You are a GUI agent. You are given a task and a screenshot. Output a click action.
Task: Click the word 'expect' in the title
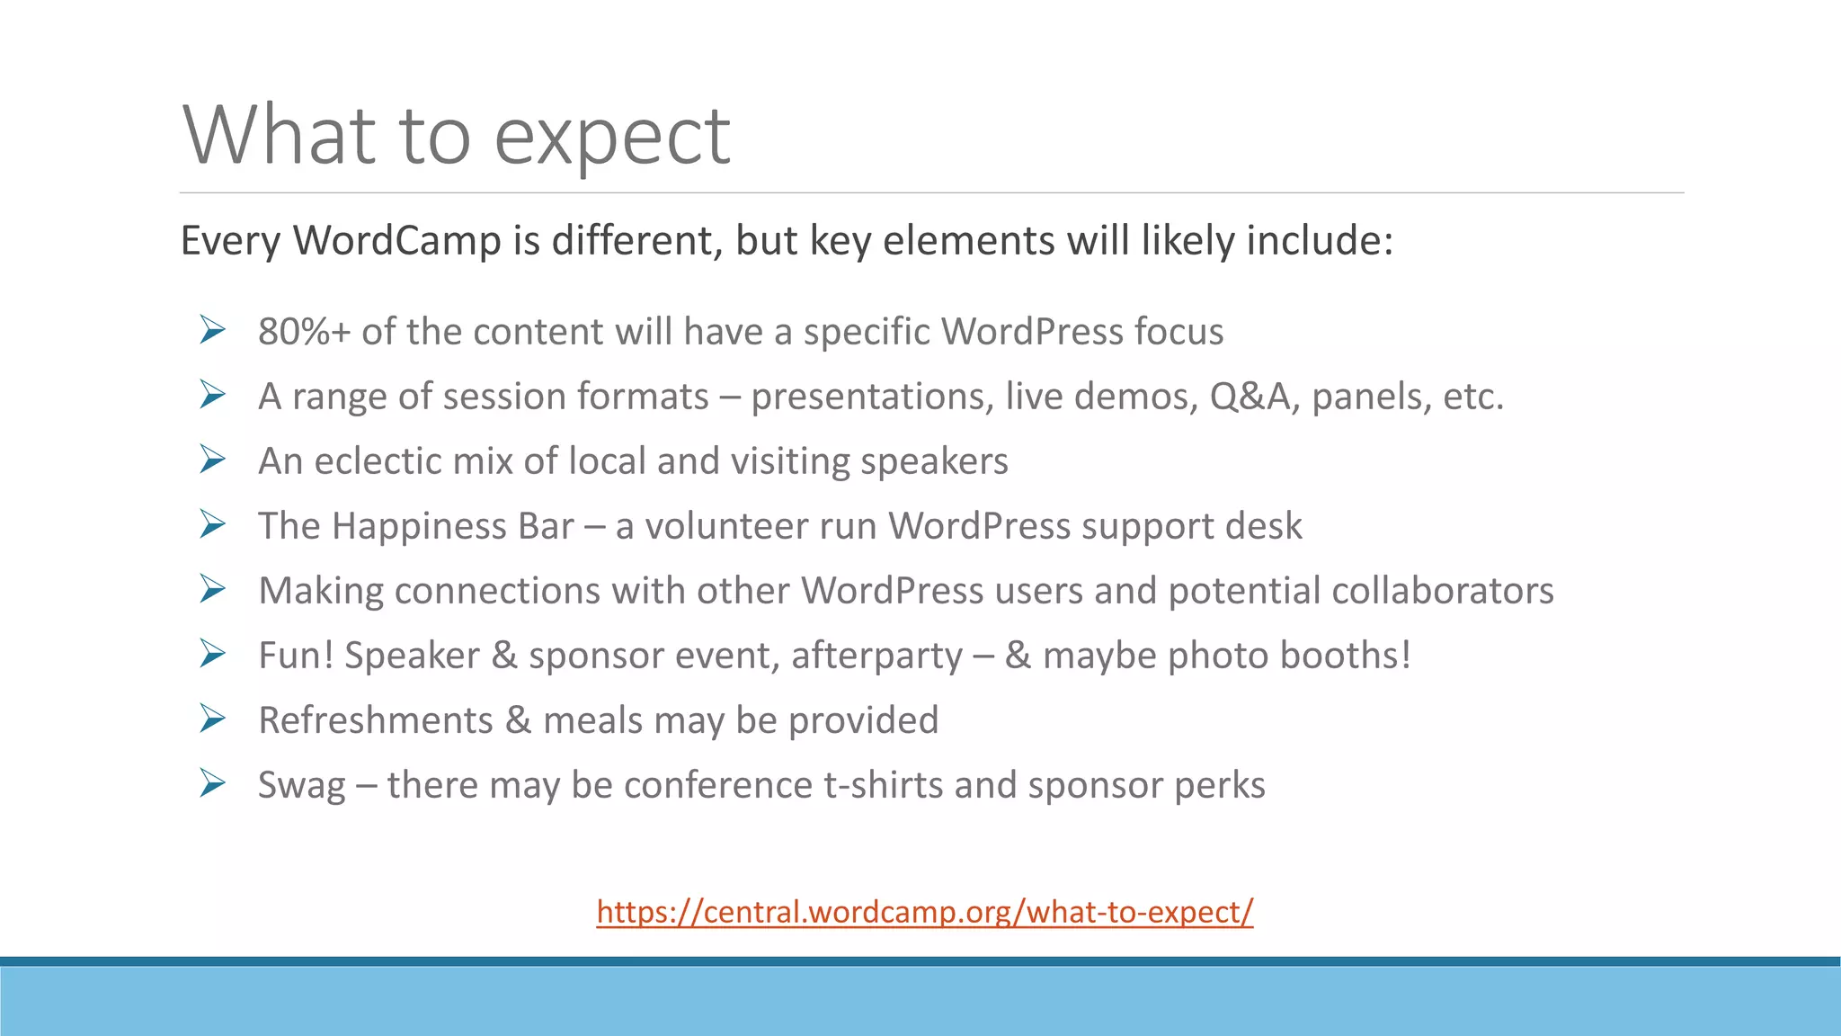(x=612, y=137)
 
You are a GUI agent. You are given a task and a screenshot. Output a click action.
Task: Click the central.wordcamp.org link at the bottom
(x=924, y=912)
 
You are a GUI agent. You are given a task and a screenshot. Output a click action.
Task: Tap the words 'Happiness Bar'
(x=452, y=526)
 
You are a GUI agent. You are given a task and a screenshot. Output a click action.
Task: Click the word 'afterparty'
(x=876, y=656)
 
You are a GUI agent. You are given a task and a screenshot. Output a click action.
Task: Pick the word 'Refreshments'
(x=376, y=720)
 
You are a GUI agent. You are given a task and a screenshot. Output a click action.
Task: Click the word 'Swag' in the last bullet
(x=301, y=786)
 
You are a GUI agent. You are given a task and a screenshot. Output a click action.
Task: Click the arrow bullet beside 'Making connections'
(x=212, y=589)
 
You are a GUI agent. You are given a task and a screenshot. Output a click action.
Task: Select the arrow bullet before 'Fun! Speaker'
(x=212, y=654)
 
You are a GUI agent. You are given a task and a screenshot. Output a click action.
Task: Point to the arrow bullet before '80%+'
(x=212, y=330)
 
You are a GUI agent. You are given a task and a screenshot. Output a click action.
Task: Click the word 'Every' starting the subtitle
(x=231, y=241)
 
